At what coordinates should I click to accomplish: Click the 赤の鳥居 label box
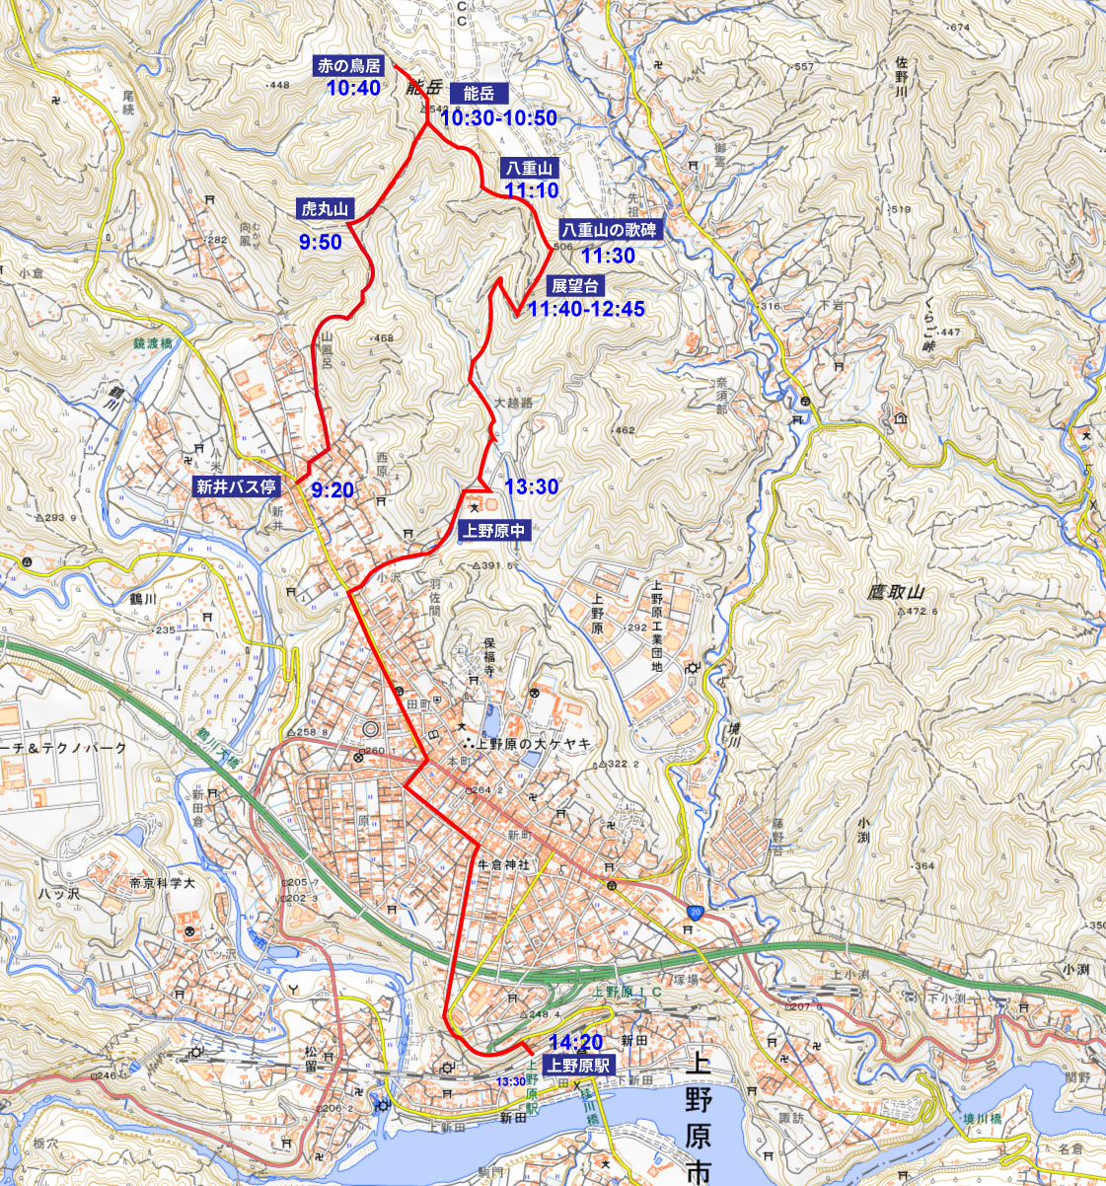pyautogui.click(x=348, y=67)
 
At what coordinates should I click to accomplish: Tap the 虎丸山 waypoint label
pyautogui.click(x=327, y=209)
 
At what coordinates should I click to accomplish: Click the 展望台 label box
pyautogui.click(x=575, y=286)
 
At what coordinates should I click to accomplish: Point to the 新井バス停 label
pyautogui.click(x=237, y=485)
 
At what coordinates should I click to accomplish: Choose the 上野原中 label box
pyautogui.click(x=495, y=531)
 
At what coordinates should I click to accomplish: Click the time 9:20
pyautogui.click(x=332, y=489)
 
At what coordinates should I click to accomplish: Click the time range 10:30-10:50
pyautogui.click(x=498, y=118)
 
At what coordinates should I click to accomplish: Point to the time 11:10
pyautogui.click(x=532, y=190)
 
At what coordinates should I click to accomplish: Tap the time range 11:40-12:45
pyautogui.click(x=586, y=310)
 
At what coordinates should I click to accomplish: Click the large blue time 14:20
pyautogui.click(x=576, y=1042)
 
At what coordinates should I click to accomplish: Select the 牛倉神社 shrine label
pyautogui.click(x=503, y=864)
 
